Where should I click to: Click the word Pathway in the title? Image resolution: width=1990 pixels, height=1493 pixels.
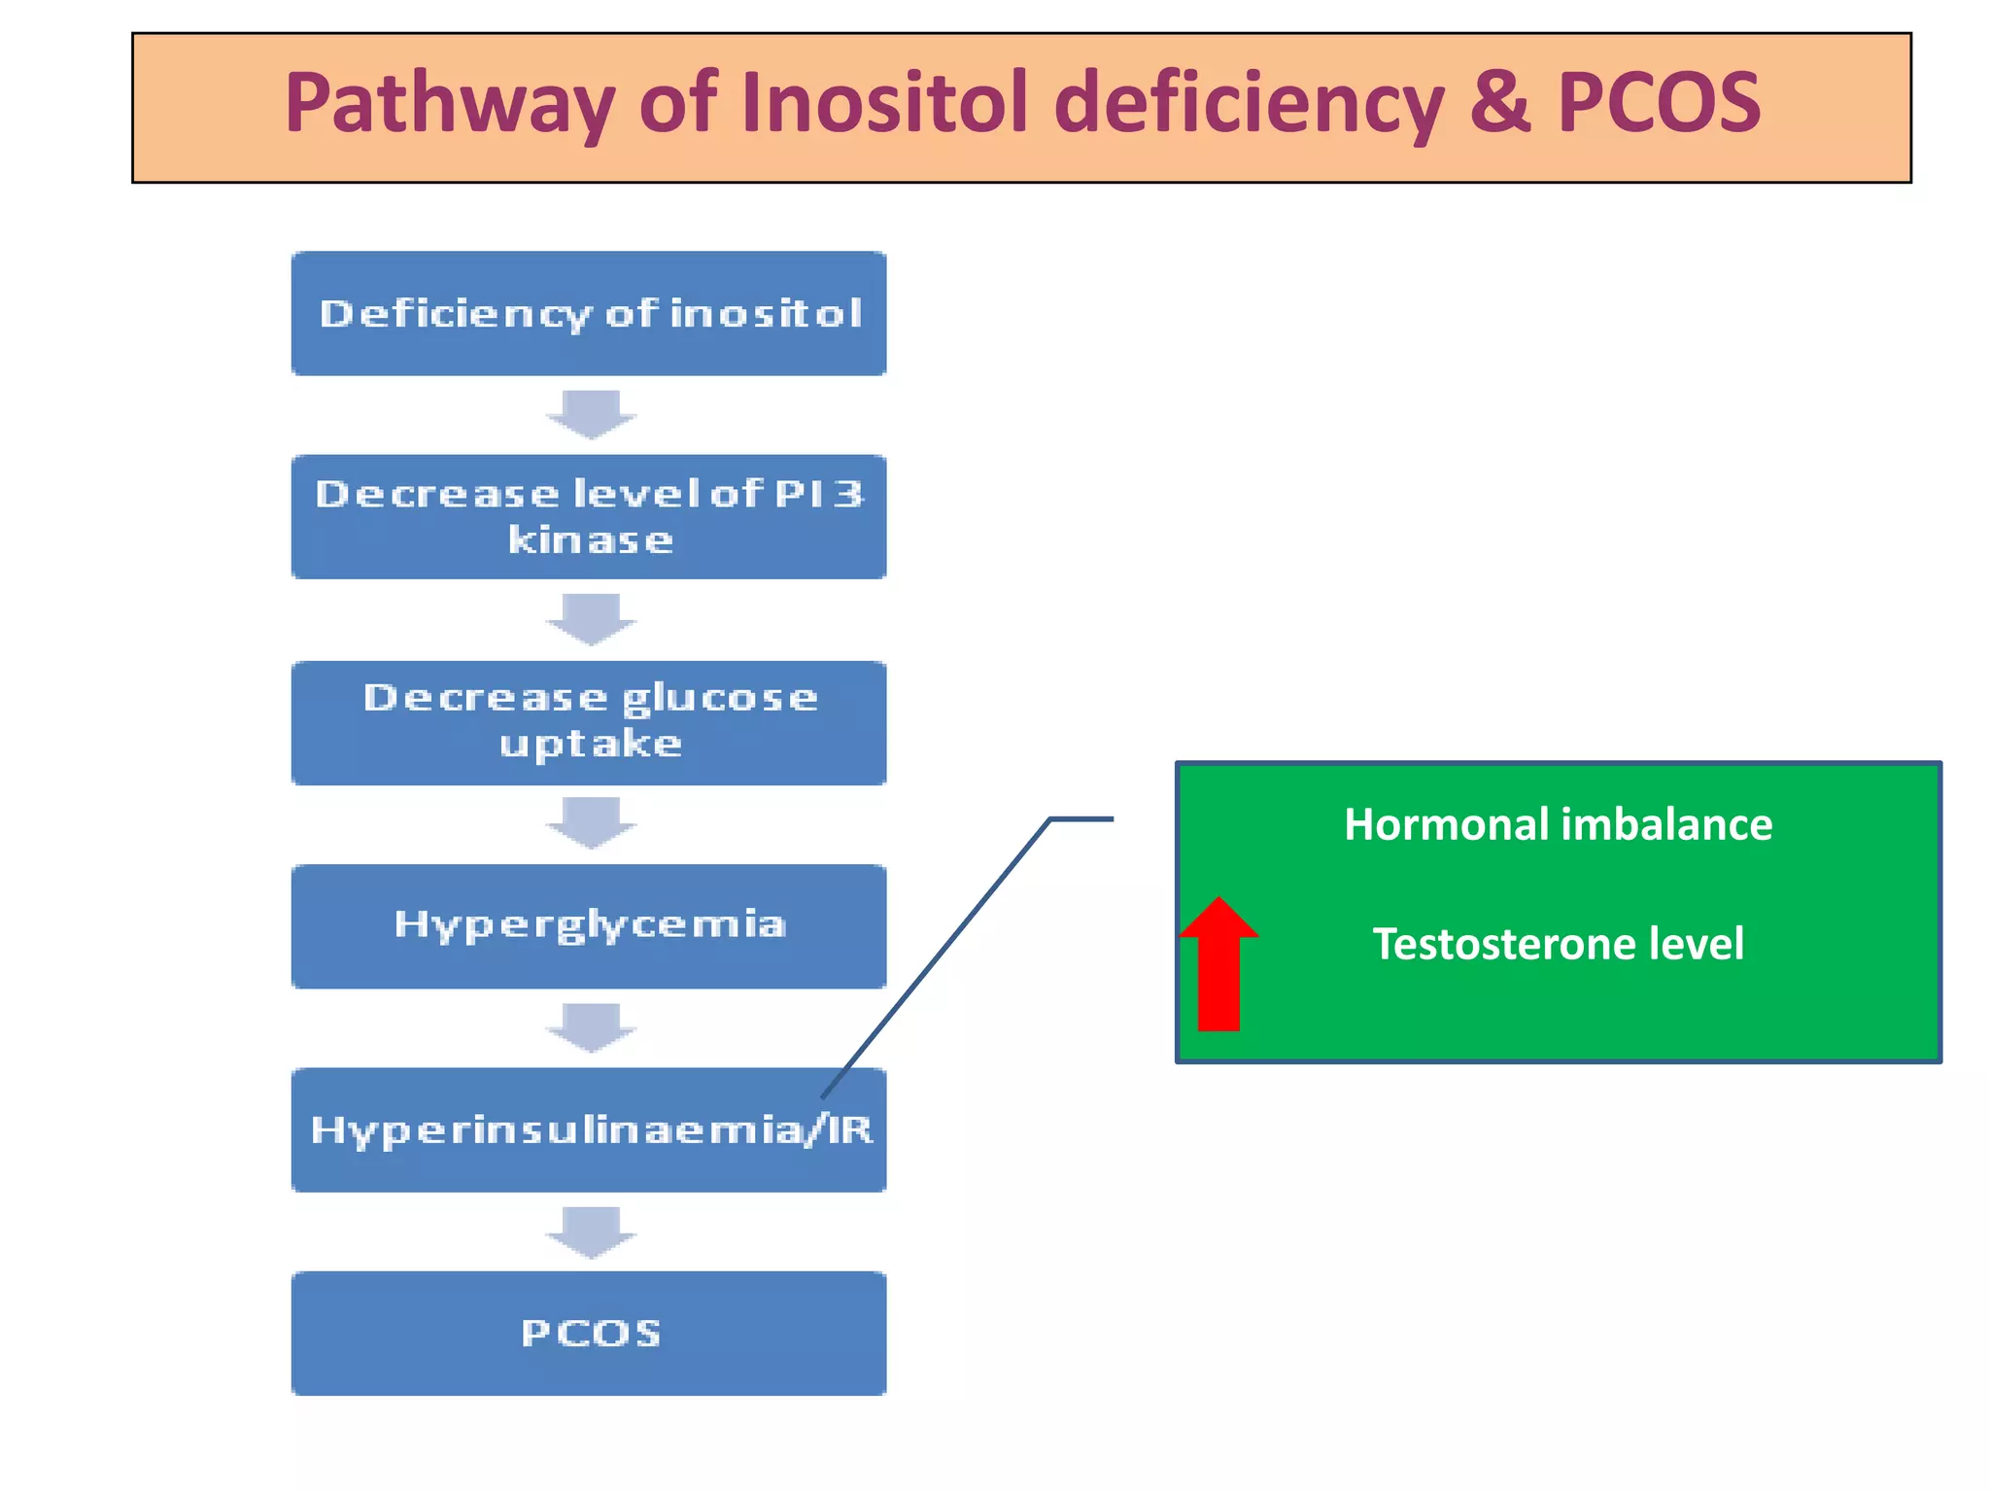click(449, 105)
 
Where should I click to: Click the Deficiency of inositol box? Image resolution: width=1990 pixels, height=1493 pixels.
click(589, 314)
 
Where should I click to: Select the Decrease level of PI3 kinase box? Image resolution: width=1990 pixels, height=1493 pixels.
click(589, 517)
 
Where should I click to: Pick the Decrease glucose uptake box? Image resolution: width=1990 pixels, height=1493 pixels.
click(589, 723)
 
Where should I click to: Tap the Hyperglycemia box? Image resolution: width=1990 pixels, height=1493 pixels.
click(589, 926)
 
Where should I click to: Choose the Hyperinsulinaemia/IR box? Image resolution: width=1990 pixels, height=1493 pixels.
click(589, 1130)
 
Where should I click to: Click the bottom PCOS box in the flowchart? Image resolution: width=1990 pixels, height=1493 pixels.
click(589, 1334)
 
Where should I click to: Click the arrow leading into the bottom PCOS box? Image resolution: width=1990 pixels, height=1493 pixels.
click(591, 1232)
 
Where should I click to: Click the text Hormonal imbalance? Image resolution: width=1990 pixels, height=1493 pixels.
click(1558, 825)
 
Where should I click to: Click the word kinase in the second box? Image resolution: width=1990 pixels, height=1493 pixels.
click(590, 540)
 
